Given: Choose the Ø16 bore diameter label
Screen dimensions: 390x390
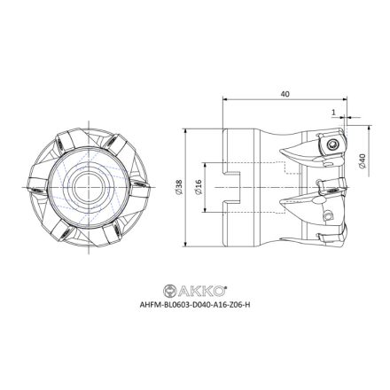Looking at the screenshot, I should pyautogui.click(x=199, y=187).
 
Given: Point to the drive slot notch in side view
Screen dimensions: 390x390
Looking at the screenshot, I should pyautogui.click(x=232, y=187).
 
